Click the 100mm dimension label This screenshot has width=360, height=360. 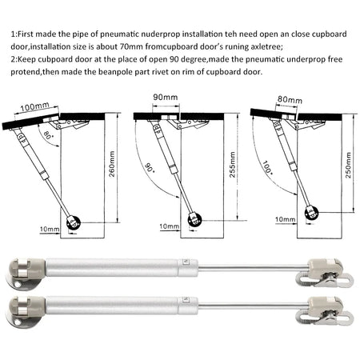click(35, 106)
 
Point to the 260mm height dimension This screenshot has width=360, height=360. click(113, 170)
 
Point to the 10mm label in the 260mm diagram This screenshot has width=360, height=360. click(50, 230)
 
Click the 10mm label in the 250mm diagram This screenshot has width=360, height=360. click(285, 218)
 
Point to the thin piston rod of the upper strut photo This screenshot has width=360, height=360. click(232, 266)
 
